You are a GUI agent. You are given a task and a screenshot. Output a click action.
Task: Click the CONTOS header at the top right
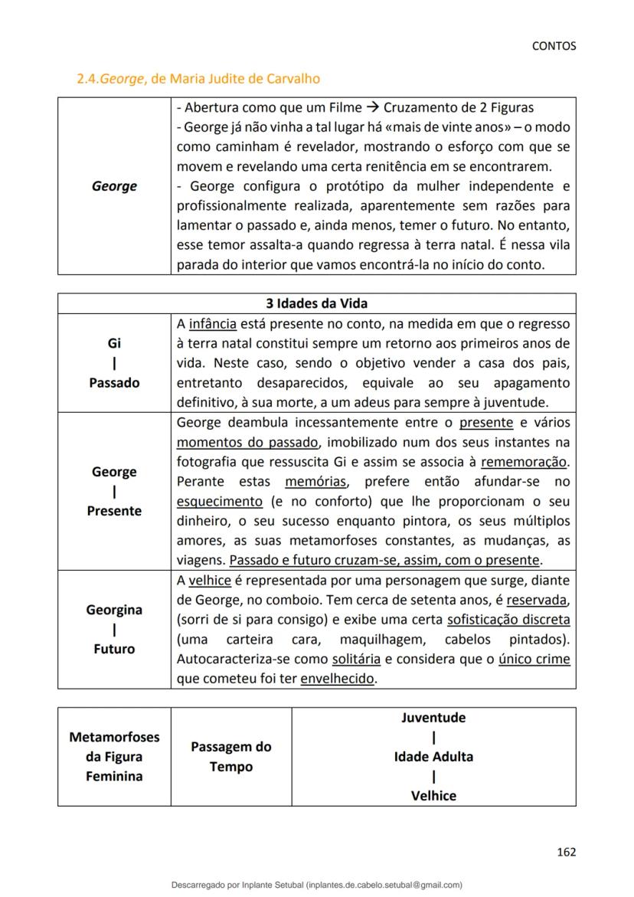(x=554, y=46)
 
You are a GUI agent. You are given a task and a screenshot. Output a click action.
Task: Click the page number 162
(x=566, y=852)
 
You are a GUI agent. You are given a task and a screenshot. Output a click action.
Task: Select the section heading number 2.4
(x=88, y=78)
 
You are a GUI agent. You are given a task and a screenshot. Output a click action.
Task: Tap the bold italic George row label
(x=114, y=186)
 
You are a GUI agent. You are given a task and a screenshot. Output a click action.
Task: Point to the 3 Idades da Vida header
(x=316, y=303)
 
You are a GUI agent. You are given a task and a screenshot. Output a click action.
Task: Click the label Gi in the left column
(x=114, y=343)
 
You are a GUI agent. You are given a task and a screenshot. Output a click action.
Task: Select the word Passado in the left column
(x=114, y=382)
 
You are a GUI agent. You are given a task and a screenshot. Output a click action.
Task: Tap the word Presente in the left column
(x=114, y=511)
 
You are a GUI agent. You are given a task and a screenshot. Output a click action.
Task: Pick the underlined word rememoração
(x=524, y=462)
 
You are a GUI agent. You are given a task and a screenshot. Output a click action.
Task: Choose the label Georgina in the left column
(x=114, y=610)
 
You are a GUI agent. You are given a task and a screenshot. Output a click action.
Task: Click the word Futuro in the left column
(x=114, y=649)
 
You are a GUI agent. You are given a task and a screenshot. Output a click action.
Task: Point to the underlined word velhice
(x=210, y=581)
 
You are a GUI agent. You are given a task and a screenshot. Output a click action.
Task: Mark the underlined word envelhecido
(x=338, y=679)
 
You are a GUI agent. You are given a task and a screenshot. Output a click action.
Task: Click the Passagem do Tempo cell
(x=230, y=757)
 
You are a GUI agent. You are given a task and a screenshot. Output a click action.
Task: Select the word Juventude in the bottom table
(x=433, y=718)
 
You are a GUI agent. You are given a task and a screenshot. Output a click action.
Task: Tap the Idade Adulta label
(x=433, y=757)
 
